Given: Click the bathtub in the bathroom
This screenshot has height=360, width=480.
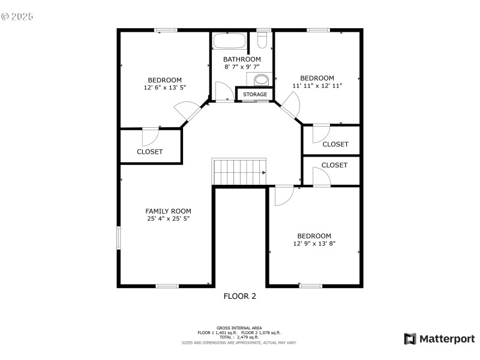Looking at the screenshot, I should coord(229,42).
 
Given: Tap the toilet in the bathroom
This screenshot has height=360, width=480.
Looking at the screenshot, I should coord(262,39).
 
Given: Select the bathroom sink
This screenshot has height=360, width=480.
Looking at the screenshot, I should coord(261,80).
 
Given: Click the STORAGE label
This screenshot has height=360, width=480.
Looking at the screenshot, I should coord(255,95).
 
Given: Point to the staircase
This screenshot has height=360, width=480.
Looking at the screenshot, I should coord(239,172).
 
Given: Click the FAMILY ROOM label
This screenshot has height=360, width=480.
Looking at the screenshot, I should coord(168,211).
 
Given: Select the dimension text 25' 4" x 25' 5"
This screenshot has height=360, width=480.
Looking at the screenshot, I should coord(168,220).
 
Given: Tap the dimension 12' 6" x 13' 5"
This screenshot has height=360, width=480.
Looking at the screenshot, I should coord(165,88).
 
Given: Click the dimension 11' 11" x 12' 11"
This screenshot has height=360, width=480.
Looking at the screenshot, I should coord(317,86).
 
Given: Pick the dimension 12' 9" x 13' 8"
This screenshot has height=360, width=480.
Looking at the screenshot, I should coord(314,244).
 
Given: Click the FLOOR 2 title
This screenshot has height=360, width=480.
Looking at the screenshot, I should coord(240,296).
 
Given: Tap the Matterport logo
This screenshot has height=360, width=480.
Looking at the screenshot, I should coord(439,339).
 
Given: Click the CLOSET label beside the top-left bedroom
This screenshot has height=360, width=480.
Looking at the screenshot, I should coord(149,152).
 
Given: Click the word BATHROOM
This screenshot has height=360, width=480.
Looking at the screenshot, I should coord(242,59).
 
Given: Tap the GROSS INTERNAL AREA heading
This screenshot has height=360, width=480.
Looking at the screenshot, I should coord(239,328).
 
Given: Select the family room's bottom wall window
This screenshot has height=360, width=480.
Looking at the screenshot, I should coord(167,286).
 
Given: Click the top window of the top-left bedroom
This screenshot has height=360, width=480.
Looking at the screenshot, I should coord(165,30).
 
